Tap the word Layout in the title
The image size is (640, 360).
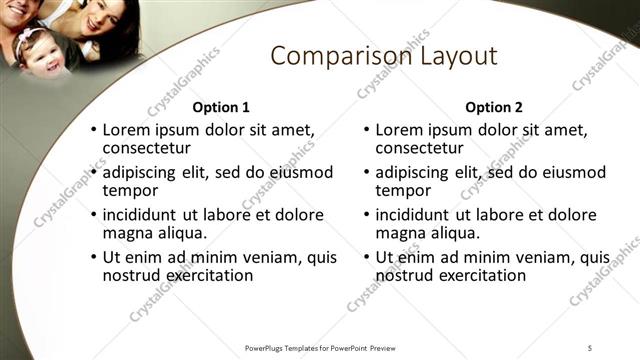(x=450, y=56)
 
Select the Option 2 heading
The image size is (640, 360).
(x=494, y=107)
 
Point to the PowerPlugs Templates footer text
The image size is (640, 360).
(x=320, y=347)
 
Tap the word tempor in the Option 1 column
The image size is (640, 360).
(x=131, y=190)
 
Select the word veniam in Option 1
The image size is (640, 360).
(x=271, y=257)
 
